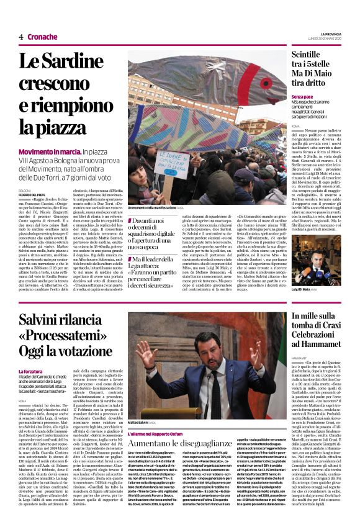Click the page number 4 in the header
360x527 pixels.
(20, 37)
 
